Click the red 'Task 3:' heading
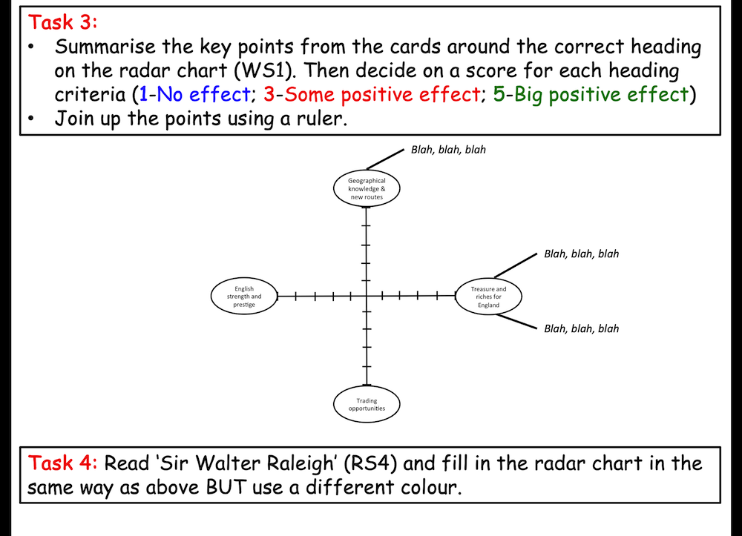[x=62, y=22]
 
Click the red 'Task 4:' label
[x=62, y=463]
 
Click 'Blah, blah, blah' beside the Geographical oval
[x=448, y=150]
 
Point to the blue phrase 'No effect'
[x=203, y=94]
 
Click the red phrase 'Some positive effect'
[x=382, y=94]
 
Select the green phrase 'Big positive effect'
[x=601, y=94]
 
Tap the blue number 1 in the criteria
[x=143, y=94]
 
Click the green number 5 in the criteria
[x=499, y=94]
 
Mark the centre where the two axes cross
[x=367, y=297]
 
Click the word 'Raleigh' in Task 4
[x=300, y=463]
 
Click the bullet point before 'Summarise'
[x=31, y=47]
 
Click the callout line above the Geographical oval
[x=385, y=159]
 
